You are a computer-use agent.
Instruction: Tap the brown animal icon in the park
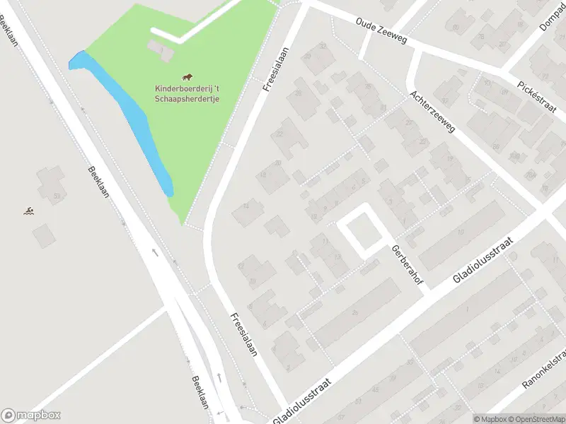(187, 77)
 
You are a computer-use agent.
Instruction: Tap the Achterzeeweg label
(432, 113)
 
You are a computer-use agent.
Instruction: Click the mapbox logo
(31, 416)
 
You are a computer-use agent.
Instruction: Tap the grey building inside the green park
(160, 49)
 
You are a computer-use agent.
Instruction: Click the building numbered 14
(248, 211)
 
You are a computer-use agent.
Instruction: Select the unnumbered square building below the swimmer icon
(43, 234)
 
